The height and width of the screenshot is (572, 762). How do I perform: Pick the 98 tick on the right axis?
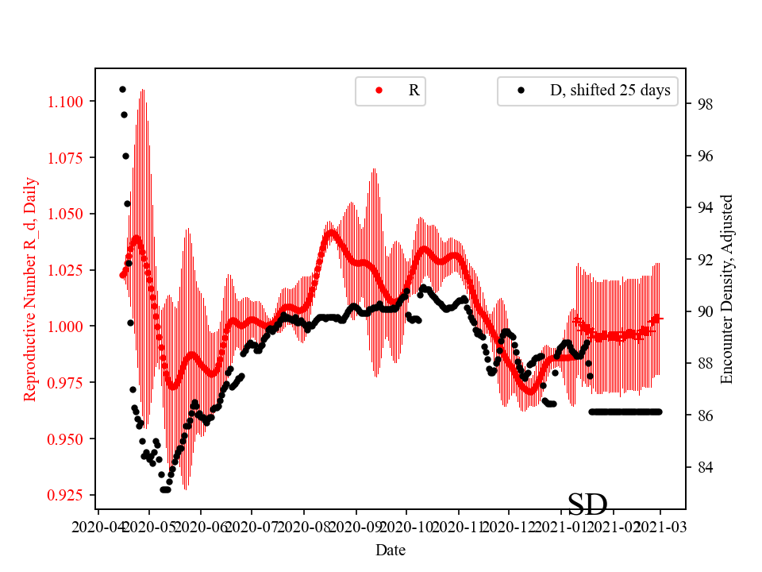(x=706, y=104)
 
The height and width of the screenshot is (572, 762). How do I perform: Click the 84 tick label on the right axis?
(x=706, y=467)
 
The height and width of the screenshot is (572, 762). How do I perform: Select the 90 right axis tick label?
(x=706, y=311)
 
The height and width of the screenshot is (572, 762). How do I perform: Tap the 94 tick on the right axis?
(x=706, y=208)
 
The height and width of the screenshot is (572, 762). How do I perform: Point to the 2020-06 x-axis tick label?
(x=201, y=526)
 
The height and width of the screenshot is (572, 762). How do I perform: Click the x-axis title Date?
(x=391, y=550)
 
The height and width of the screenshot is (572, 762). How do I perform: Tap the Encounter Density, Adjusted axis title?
(x=726, y=290)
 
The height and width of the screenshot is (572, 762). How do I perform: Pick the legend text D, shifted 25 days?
(x=610, y=91)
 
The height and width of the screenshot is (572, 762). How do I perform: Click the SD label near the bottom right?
(x=587, y=504)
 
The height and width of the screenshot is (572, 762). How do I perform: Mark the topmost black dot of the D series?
(x=122, y=89)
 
